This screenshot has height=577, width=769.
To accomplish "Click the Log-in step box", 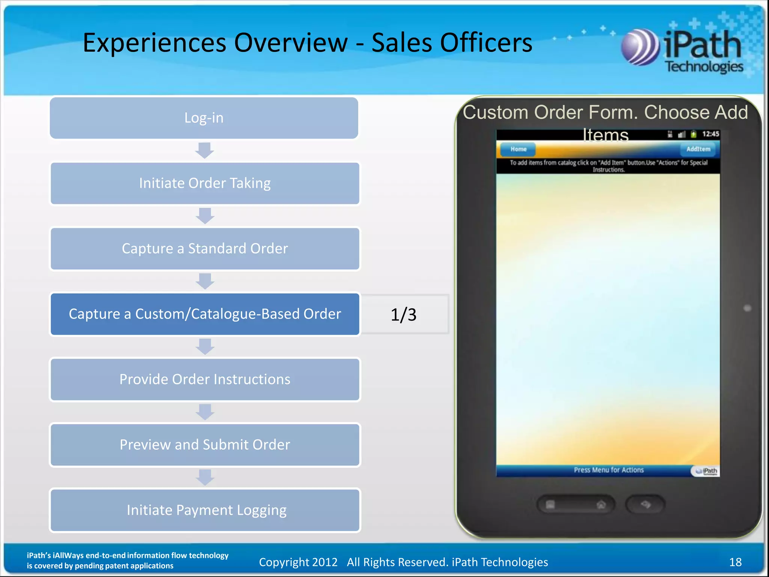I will click(204, 118).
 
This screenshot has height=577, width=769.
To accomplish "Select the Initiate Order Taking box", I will click(205, 183).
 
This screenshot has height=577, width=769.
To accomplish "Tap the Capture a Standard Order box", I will click(205, 249).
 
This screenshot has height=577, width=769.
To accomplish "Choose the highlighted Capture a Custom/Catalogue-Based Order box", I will click(205, 314).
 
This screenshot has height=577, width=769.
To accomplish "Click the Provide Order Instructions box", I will click(205, 379).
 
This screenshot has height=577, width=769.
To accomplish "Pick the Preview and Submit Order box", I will click(205, 445).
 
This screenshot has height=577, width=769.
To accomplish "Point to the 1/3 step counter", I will click(404, 315).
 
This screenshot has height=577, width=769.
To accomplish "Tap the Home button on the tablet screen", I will click(518, 149).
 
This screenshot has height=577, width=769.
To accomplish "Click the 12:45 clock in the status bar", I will click(710, 134).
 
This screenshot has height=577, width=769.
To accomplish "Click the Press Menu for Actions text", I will click(609, 470).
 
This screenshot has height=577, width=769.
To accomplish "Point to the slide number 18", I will click(735, 562).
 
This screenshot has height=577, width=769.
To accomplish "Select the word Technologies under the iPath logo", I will click(704, 67).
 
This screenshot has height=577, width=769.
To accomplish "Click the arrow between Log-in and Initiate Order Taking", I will click(205, 151).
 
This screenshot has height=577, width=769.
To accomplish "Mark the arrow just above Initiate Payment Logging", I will click(205, 477).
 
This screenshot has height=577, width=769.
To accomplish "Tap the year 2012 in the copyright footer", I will click(325, 562).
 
